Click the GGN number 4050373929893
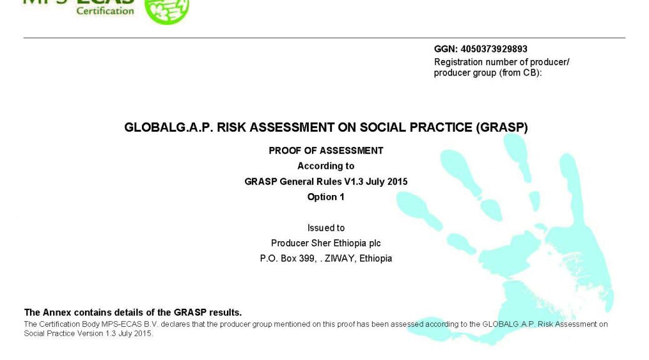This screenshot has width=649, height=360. click(494, 49)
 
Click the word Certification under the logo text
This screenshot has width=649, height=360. click(105, 11)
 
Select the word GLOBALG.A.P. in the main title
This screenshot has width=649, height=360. click(169, 127)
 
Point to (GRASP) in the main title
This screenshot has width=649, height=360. click(501, 127)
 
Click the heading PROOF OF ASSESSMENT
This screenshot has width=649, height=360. click(326, 151)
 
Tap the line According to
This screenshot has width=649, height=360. click(326, 166)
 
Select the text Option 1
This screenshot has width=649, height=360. click(326, 197)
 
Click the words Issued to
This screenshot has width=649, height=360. click(326, 228)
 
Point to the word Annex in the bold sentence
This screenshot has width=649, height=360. click(57, 312)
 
